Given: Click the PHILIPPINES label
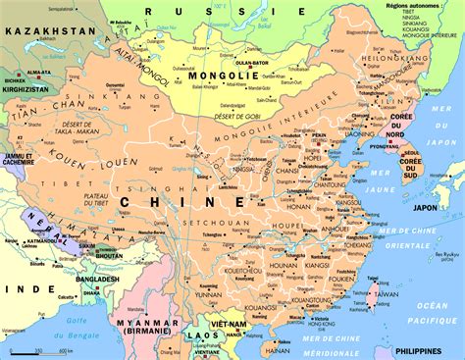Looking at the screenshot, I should (429, 350).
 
